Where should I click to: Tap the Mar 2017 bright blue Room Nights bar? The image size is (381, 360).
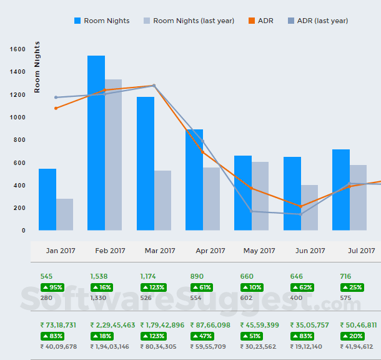pyautogui.click(x=145, y=163)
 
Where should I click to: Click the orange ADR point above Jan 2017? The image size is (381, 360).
pyautogui.click(x=56, y=108)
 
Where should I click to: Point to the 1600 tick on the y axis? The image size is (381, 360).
pyautogui.click(x=17, y=49)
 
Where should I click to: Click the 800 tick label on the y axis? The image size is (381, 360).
pyautogui.click(x=19, y=140)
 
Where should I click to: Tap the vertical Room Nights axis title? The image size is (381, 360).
pyautogui.click(x=37, y=67)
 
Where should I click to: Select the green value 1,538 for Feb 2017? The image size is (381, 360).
pyautogui.click(x=99, y=276)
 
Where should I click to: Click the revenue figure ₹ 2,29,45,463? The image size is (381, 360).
pyautogui.click(x=112, y=325)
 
